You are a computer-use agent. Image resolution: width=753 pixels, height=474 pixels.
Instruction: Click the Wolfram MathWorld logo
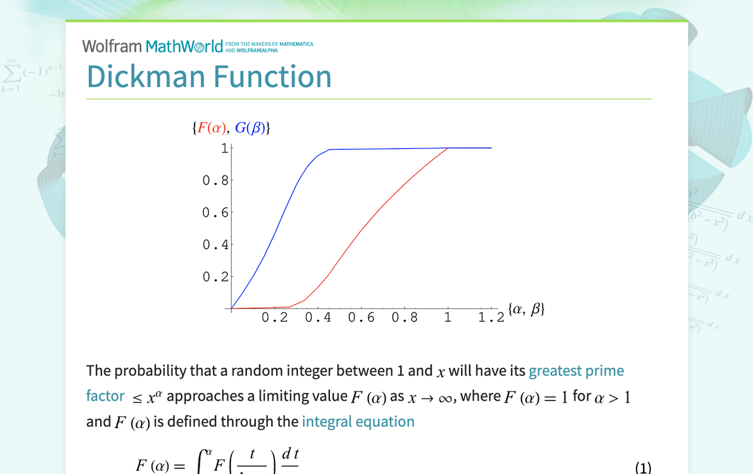pos(153,46)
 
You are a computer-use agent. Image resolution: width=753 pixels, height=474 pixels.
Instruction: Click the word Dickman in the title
pos(146,77)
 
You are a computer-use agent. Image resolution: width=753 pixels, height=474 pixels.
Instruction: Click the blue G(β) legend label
pos(250,128)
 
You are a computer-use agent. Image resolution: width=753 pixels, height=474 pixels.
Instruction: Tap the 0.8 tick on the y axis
pos(215,180)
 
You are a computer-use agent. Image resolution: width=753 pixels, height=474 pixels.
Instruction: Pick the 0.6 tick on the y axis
pos(215,212)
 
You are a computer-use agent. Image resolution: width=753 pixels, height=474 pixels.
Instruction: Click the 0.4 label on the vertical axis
pos(215,245)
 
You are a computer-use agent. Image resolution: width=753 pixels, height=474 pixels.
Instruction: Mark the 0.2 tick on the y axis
pos(215,277)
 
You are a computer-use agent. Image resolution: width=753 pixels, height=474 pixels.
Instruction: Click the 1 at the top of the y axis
pos(224,149)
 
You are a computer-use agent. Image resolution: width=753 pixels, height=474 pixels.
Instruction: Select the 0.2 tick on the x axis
pos(274,318)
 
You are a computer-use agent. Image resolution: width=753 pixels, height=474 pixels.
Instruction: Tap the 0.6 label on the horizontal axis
pos(361,318)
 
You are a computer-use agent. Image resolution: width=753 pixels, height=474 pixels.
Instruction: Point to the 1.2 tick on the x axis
pos(491,318)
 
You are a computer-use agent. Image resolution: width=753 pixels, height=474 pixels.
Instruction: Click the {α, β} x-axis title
pos(526,309)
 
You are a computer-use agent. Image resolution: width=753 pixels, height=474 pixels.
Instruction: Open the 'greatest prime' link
pos(576,371)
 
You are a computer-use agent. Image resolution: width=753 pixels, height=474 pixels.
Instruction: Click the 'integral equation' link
pos(358,422)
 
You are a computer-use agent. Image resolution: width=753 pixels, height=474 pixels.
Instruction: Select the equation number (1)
pos(643,467)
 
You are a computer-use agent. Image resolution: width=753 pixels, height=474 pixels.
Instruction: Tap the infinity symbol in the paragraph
pos(445,397)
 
